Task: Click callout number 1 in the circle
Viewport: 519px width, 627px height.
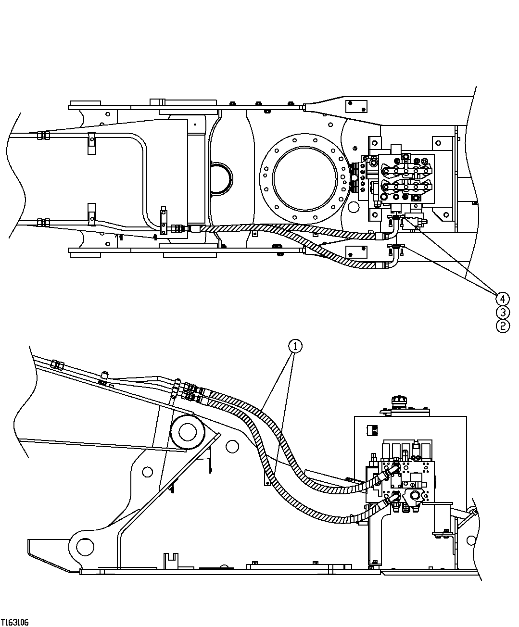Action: click(295, 346)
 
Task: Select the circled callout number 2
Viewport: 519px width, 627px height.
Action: click(502, 326)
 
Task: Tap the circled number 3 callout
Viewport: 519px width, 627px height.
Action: click(502, 312)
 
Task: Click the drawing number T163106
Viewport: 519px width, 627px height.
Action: click(15, 622)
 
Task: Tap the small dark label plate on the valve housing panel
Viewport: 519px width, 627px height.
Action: click(371, 430)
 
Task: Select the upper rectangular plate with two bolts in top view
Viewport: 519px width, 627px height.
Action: click(356, 106)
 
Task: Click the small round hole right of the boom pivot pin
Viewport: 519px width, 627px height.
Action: click(233, 446)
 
